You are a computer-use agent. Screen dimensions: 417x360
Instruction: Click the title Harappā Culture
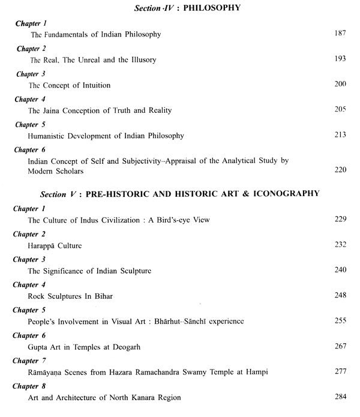point(55,246)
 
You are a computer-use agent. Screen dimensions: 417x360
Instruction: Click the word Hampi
point(257,373)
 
